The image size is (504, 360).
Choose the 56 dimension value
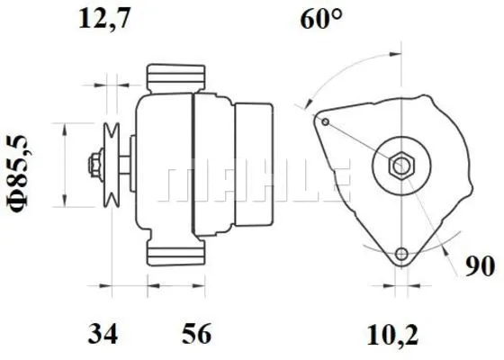pyautogui.click(x=196, y=335)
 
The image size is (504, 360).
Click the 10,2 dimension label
pyautogui.click(x=394, y=335)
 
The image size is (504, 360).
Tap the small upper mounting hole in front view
pyautogui.click(x=326, y=121)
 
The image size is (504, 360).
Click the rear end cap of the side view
pyautogui.click(x=255, y=163)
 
